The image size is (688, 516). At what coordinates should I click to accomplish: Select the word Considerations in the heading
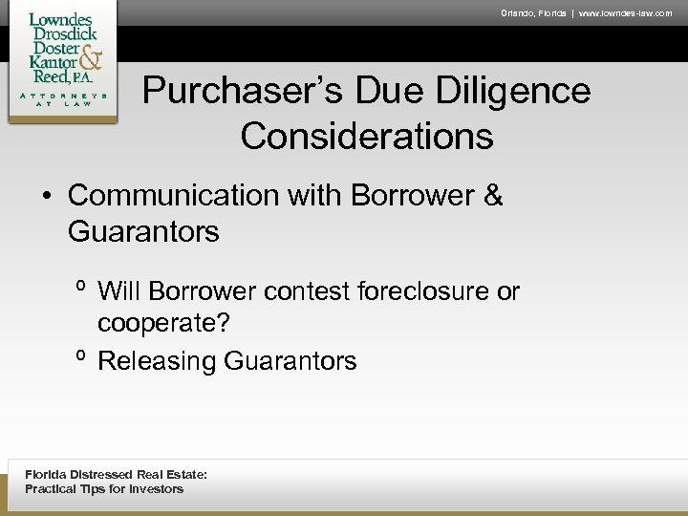[x=367, y=136]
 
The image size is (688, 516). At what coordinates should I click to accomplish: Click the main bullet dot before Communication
[x=47, y=195]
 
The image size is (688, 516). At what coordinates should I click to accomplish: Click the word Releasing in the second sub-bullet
[x=155, y=360]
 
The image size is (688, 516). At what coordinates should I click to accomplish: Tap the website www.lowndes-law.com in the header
[x=634, y=12]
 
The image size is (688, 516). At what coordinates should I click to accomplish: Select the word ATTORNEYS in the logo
[x=63, y=96]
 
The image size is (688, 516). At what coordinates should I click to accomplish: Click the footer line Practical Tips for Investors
[x=93, y=489]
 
